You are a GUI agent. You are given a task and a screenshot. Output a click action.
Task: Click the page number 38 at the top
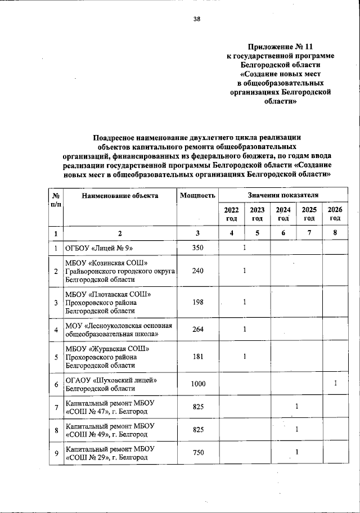[196, 19]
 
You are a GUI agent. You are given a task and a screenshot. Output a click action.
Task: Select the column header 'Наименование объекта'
[120, 196]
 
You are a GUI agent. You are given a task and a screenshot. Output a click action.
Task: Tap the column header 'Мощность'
[197, 196]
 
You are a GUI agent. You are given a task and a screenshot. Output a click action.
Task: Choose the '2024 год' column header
[283, 214]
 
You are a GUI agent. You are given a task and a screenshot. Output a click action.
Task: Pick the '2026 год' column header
[335, 214]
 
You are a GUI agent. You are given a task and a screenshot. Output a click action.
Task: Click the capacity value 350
[197, 247]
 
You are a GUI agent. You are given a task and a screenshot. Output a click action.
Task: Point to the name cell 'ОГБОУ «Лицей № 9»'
[100, 247]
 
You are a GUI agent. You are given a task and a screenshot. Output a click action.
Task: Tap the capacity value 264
[197, 330]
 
